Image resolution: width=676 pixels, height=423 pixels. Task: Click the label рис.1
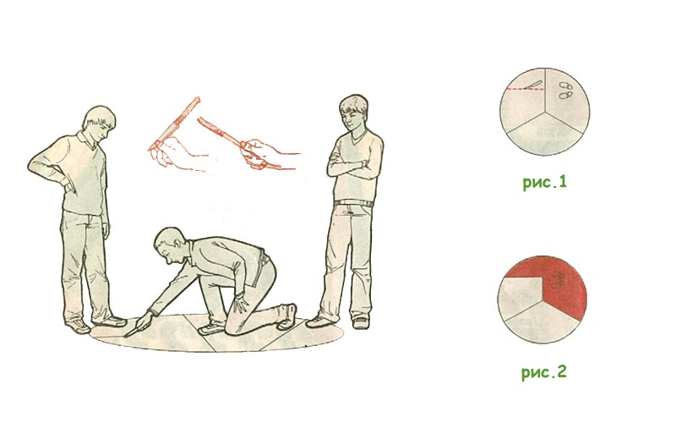tap(544, 183)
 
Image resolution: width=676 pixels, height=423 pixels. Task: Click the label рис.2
tap(543, 371)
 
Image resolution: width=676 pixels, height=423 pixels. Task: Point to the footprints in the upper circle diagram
tap(565, 90)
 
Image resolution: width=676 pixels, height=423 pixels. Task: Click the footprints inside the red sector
tap(559, 279)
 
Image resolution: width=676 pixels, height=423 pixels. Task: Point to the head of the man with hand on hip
tap(99, 123)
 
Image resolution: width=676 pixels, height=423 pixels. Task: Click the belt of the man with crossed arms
tap(354, 203)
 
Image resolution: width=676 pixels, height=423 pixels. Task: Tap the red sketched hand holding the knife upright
tap(176, 154)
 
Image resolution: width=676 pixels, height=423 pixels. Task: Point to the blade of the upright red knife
tap(192, 105)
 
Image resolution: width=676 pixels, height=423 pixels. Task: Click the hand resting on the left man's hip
tap(68, 184)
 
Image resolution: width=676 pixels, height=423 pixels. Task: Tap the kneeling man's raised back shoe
tap(287, 317)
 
